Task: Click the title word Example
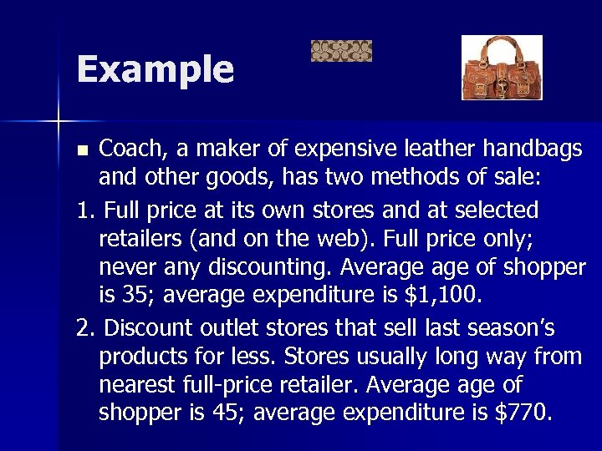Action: pyautogui.click(x=155, y=69)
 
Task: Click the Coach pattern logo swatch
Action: pyautogui.click(x=341, y=52)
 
